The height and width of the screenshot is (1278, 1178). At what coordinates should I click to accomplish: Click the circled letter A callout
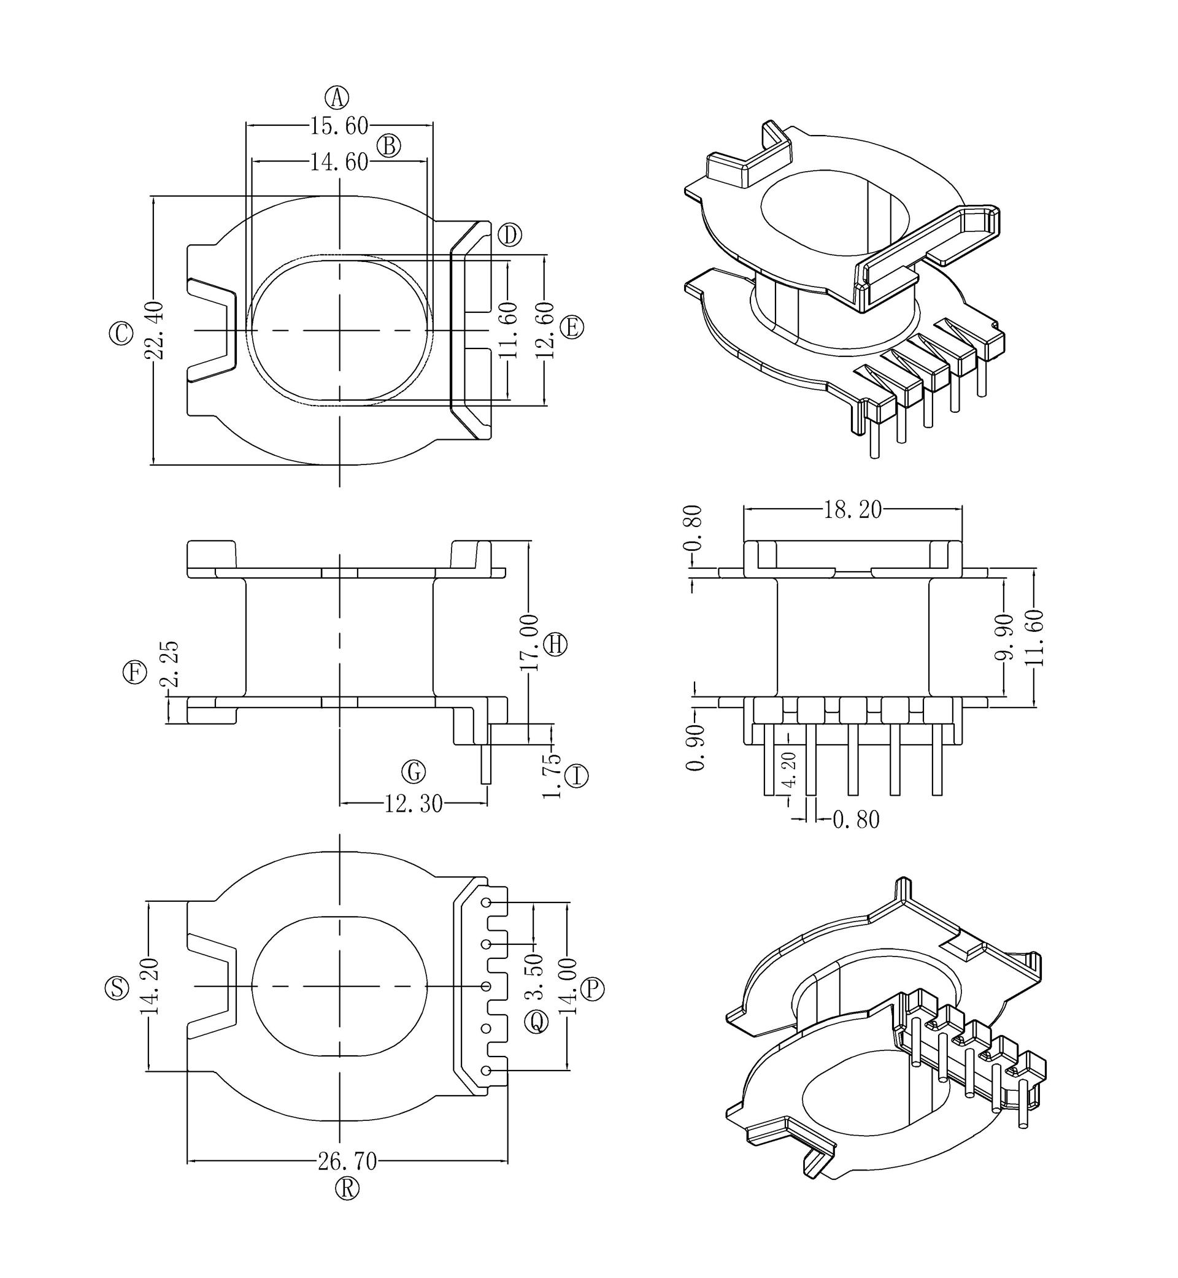(337, 98)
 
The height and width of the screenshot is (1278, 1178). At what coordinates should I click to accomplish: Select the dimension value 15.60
(339, 126)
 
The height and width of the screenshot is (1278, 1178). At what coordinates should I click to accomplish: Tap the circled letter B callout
(389, 146)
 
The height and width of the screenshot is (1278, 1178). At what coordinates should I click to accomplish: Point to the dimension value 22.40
(155, 331)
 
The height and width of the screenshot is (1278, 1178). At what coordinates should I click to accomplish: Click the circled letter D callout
(509, 235)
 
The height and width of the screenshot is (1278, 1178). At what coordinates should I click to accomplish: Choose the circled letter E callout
(572, 328)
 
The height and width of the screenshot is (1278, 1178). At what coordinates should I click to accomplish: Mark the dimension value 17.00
(529, 642)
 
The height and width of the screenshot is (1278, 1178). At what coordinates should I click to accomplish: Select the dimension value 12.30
(413, 804)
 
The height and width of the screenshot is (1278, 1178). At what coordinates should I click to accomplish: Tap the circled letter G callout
(413, 772)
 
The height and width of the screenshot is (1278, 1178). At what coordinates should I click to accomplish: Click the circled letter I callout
(577, 776)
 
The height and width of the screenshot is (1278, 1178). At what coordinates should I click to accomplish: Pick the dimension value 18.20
(852, 510)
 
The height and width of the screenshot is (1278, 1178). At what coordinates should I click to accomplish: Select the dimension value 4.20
(789, 769)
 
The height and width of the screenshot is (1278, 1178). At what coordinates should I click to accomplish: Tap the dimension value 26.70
(347, 1162)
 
